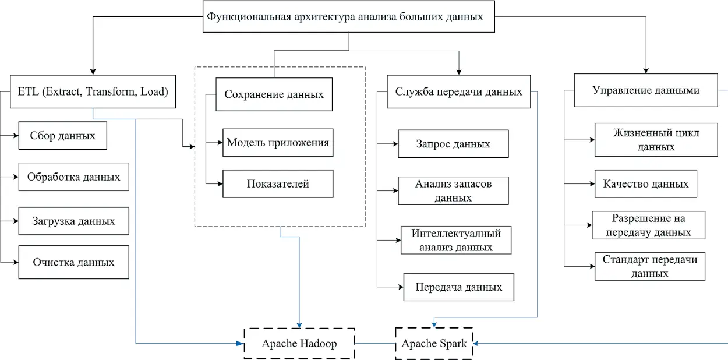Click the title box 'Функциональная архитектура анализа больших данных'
tap(348, 16)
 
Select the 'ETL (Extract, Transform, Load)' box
tap(93, 91)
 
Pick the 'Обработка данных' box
tap(73, 177)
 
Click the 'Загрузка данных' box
tap(73, 221)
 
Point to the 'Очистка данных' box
tap(73, 262)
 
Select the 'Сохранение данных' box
tap(274, 94)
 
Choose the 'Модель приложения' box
tap(278, 143)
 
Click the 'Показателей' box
tap(278, 184)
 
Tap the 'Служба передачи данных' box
tap(458, 91)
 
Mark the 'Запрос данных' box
tap(453, 144)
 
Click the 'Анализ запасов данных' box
tap(453, 190)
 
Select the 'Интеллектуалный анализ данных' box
tap(456, 240)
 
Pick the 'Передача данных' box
tap(458, 287)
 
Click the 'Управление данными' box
tap(645, 90)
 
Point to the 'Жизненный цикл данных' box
tap(656, 140)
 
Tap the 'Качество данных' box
tap(645, 184)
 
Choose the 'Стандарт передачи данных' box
tap(649, 266)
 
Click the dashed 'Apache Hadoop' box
tap(299, 343)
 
